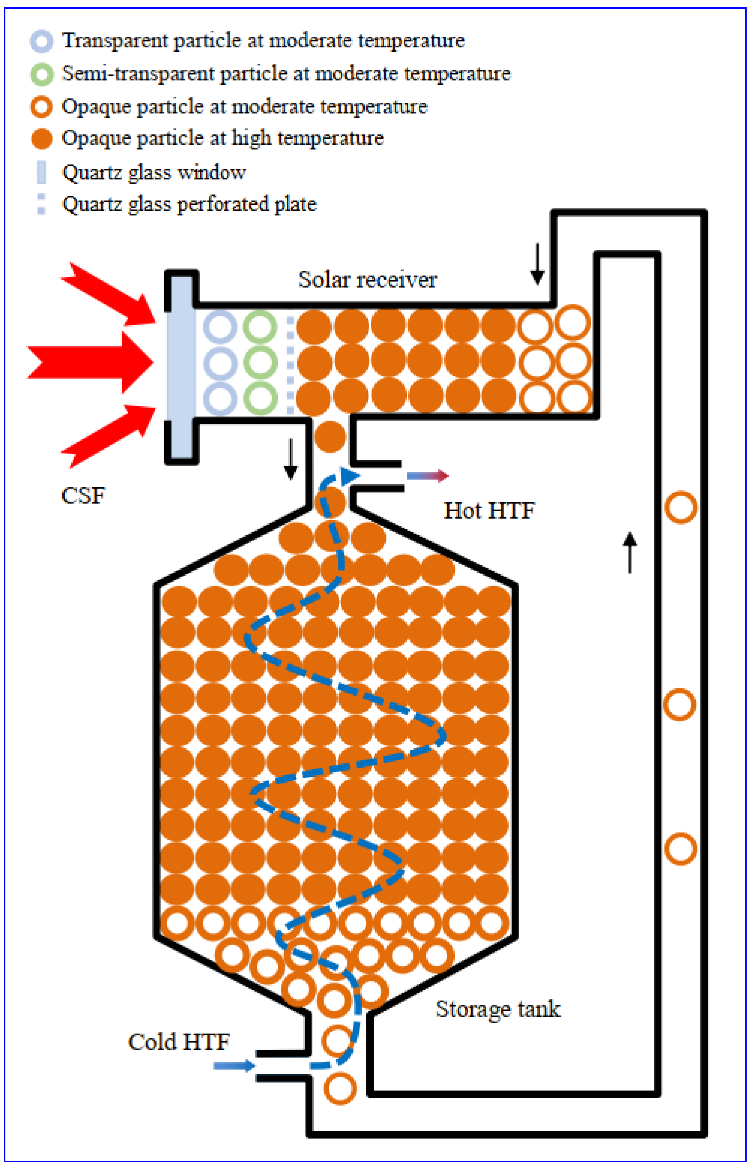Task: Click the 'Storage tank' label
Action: [498, 1009]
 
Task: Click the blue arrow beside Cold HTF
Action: [234, 1066]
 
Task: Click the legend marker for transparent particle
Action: [42, 42]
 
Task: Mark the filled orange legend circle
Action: [42, 139]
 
